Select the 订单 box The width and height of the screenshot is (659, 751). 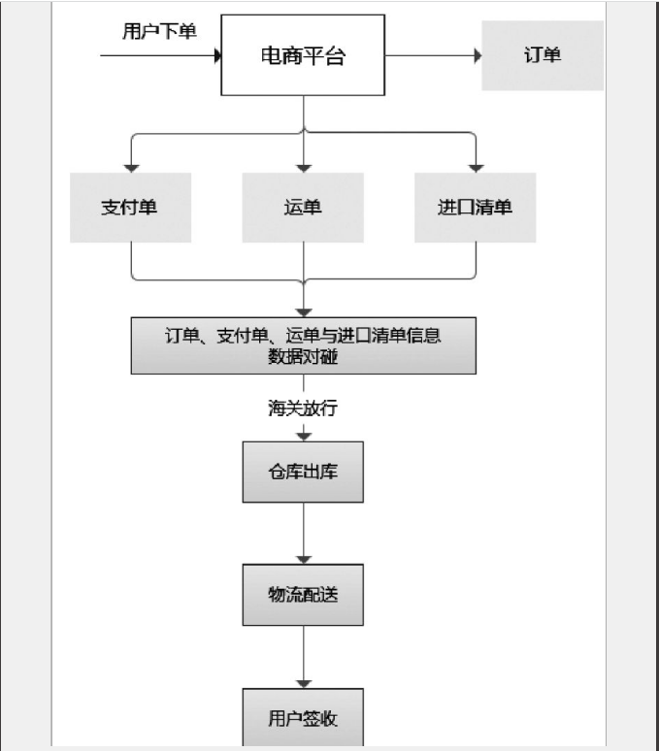(x=543, y=55)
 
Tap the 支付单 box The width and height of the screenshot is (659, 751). (x=131, y=208)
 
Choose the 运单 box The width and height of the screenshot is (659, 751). (x=304, y=208)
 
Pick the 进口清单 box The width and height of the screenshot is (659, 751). (x=475, y=208)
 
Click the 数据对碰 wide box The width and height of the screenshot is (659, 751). (x=304, y=345)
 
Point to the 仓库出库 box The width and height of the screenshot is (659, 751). (x=303, y=473)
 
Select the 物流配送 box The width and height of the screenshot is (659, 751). (x=303, y=594)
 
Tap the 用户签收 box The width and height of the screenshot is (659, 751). (x=303, y=718)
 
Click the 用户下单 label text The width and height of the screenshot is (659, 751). (x=159, y=32)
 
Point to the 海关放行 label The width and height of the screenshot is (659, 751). (x=303, y=408)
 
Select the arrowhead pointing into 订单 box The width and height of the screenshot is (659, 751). (x=478, y=56)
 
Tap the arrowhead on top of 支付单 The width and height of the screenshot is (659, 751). (x=131, y=167)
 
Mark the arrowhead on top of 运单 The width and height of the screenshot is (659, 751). (x=304, y=167)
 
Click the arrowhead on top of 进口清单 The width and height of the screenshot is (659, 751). (x=475, y=167)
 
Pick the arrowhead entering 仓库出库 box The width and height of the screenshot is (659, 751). (x=304, y=436)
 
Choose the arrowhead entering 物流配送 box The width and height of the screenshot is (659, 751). (x=304, y=558)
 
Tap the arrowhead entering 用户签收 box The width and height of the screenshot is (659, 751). (x=304, y=682)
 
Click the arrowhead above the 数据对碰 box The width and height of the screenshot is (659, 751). (x=304, y=310)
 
